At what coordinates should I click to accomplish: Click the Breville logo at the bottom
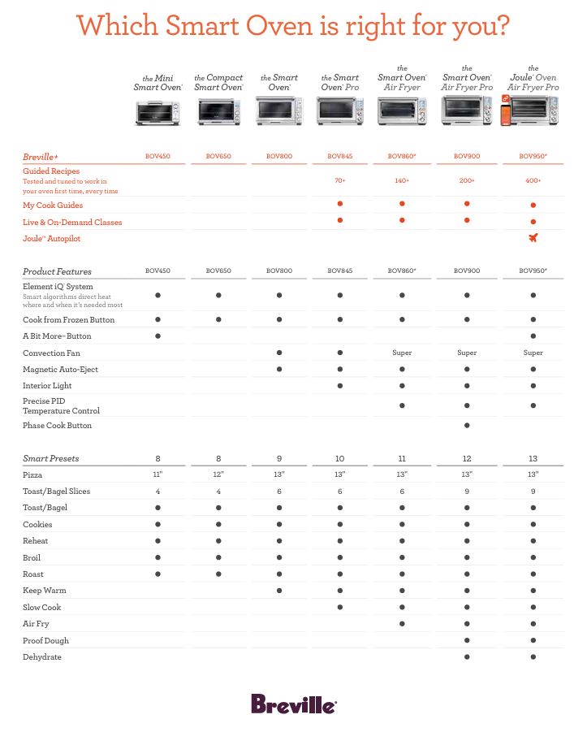coord(293,704)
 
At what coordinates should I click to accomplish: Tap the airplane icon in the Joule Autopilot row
coord(533,238)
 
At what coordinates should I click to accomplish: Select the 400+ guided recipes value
coord(533,180)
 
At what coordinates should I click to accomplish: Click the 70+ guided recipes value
coord(339,180)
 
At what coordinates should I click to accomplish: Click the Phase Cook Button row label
coord(57,426)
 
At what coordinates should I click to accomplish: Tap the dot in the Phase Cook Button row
coord(467,426)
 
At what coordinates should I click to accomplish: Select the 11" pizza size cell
coord(158,474)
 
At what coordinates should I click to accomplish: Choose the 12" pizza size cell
coord(218,474)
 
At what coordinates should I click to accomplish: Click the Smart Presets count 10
coord(339,458)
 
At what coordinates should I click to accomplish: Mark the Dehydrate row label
coord(42,657)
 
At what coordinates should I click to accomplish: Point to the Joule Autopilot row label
coord(52,239)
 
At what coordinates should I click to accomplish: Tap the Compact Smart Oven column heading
coord(218,82)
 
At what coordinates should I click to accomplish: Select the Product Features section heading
coord(57,271)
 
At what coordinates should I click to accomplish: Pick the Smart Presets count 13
coord(533,458)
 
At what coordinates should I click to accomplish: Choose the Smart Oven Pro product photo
coord(339,110)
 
